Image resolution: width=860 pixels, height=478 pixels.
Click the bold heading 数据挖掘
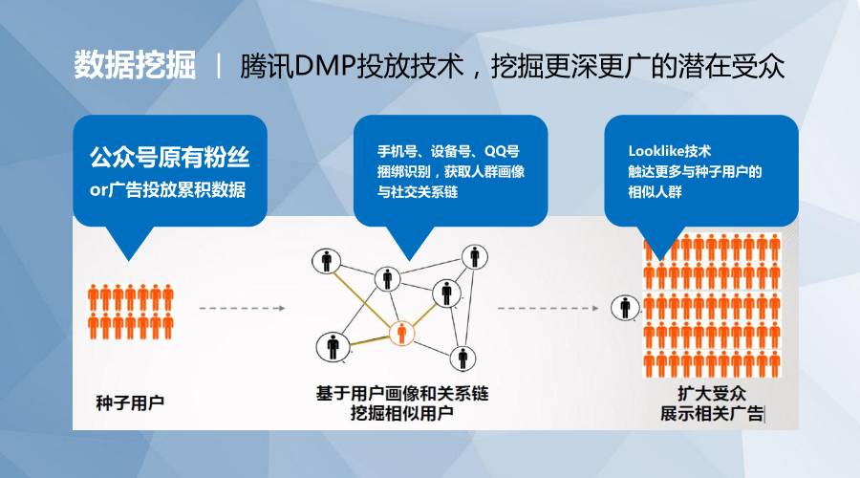(x=135, y=65)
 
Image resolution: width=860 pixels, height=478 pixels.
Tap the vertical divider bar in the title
(x=219, y=66)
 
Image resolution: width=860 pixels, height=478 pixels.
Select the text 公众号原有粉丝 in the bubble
(x=169, y=158)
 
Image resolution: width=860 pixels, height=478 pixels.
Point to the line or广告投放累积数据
(x=167, y=190)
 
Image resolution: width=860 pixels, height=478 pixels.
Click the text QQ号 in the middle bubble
(x=502, y=151)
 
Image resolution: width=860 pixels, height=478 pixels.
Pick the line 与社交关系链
(x=418, y=192)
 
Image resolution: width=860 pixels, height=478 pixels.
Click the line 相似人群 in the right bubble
(x=656, y=192)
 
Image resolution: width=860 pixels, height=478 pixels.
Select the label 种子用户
(x=130, y=402)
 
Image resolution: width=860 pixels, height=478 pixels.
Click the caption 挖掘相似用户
(x=402, y=413)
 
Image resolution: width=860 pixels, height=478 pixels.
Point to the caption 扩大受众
(x=712, y=393)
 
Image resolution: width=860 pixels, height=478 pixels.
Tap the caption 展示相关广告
(x=712, y=413)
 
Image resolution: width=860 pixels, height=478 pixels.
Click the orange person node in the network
(x=402, y=333)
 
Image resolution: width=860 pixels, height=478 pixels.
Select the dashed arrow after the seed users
(x=242, y=309)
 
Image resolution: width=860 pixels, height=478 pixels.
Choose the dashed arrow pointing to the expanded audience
(x=548, y=309)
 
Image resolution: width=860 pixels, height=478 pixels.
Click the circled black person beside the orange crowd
(x=625, y=307)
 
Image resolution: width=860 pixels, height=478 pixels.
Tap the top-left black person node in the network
(x=327, y=261)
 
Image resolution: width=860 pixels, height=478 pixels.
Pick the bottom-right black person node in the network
(x=462, y=358)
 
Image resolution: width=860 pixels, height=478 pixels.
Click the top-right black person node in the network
(x=474, y=257)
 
